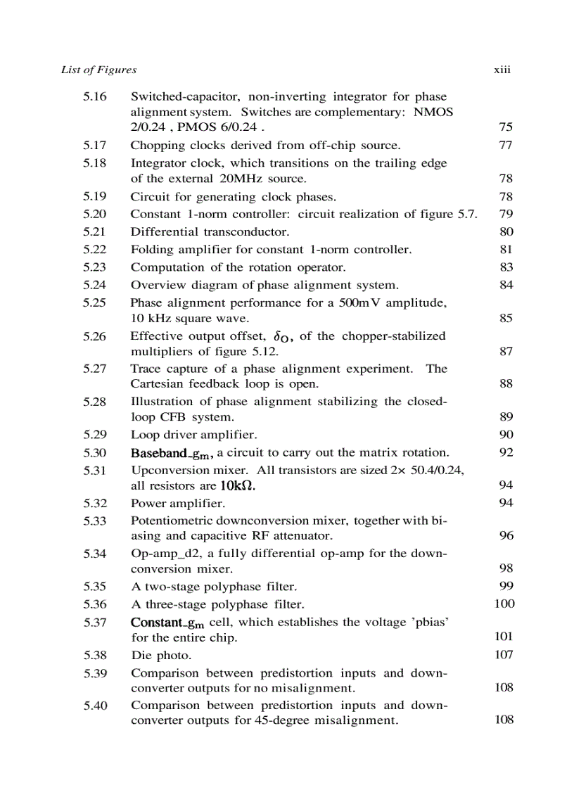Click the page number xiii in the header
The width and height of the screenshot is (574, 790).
click(x=502, y=70)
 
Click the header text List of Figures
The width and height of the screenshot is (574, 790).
click(x=98, y=70)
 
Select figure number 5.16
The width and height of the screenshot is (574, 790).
click(x=95, y=97)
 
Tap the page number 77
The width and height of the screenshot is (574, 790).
click(x=506, y=146)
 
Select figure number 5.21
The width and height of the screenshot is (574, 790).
click(x=95, y=231)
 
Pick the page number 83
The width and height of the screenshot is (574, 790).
click(x=506, y=267)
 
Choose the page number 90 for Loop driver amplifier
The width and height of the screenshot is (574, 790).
click(x=506, y=435)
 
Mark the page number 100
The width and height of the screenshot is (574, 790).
click(x=504, y=604)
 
